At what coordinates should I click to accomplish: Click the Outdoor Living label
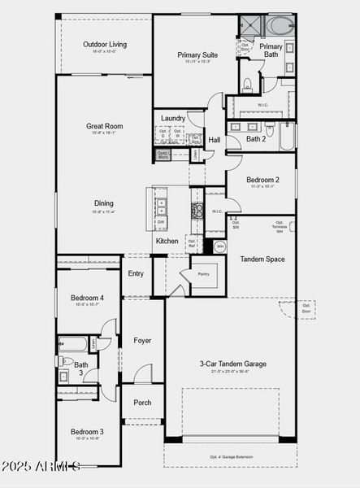[104, 45]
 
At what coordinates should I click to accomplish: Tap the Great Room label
[104, 126]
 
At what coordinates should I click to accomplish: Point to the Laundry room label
[172, 119]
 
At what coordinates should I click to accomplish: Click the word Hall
[214, 140]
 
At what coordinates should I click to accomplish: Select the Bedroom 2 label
[262, 180]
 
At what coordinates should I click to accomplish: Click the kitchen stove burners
[196, 211]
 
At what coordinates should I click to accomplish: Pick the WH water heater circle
[219, 246]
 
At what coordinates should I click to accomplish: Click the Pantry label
[203, 274]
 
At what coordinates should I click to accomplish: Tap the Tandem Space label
[262, 259]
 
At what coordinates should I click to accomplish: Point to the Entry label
[136, 273]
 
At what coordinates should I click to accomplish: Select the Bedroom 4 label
[87, 298]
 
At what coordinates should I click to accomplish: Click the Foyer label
[142, 340]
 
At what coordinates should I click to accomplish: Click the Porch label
[142, 403]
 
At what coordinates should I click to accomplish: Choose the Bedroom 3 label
[87, 431]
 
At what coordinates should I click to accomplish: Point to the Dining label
[103, 203]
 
